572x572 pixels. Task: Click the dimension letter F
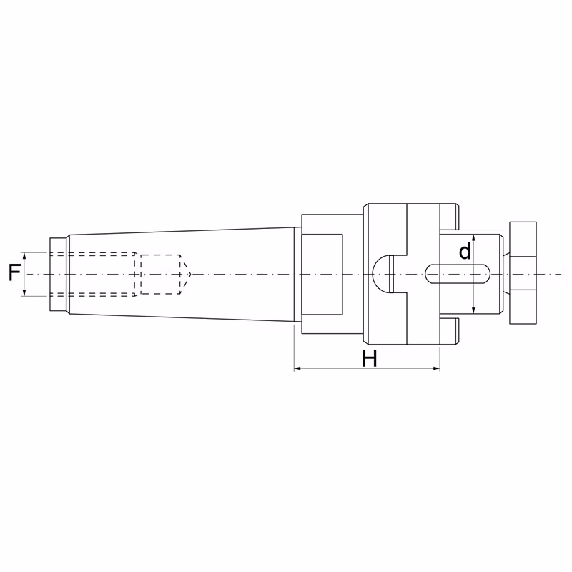click(14, 273)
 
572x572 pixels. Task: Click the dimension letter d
click(465, 251)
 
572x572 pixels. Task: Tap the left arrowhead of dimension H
click(297, 368)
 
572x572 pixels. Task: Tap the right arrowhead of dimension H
click(436, 368)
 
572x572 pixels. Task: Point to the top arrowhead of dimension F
click(24, 256)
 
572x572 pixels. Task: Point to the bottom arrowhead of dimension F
click(24, 292)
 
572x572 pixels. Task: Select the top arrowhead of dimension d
click(473, 238)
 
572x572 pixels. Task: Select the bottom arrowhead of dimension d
click(473, 310)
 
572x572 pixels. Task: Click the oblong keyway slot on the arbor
click(458, 274)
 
